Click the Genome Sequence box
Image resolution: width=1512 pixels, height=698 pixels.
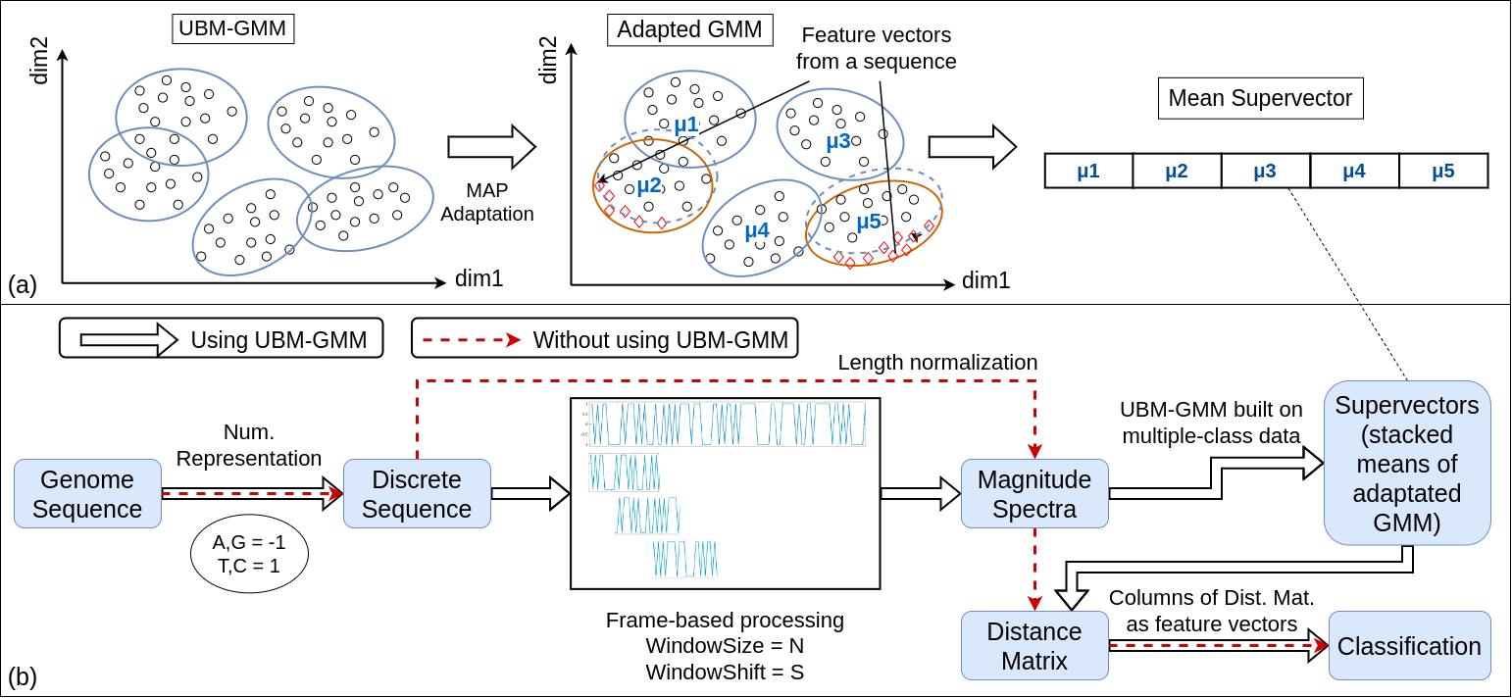[x=88, y=494]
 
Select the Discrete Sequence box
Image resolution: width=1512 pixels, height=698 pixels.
[x=417, y=494]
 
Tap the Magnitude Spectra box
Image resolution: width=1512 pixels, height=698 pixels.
[x=1034, y=494]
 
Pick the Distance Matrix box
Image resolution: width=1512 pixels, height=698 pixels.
[x=1034, y=646]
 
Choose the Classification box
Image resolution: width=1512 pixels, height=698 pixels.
[x=1409, y=646]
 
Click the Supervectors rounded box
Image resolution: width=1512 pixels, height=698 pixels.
[x=1407, y=463]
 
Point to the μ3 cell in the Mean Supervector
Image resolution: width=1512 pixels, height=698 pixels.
[x=1265, y=171]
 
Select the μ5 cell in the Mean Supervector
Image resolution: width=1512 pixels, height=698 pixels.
[x=1443, y=171]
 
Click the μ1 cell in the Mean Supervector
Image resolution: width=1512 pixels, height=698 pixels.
[x=1088, y=171]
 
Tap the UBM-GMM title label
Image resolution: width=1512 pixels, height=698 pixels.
[x=233, y=28]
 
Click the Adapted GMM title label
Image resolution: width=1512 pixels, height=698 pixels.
[x=689, y=29]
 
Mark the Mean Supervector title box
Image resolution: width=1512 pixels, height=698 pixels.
[x=1260, y=98]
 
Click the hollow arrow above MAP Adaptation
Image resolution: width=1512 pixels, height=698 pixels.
[x=491, y=147]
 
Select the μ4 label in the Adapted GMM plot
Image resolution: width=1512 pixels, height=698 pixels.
[x=756, y=230]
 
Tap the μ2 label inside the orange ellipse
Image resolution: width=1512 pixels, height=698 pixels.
[x=649, y=184]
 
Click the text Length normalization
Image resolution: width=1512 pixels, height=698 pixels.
[x=937, y=363]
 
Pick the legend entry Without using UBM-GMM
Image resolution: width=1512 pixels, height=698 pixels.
[x=604, y=339]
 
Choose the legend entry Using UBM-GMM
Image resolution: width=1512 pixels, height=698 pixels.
[x=221, y=339]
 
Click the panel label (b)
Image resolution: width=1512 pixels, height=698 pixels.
[x=22, y=676]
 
